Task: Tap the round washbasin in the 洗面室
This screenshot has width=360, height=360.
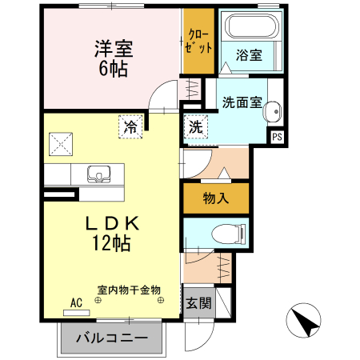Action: click(x=272, y=112)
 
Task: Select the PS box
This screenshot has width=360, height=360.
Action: click(x=277, y=137)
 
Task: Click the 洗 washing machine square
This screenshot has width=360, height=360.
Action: click(x=195, y=126)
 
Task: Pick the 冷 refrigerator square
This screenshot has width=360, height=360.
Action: click(x=130, y=126)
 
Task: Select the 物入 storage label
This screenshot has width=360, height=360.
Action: click(x=216, y=198)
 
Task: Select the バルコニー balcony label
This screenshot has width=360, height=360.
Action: click(x=112, y=338)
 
